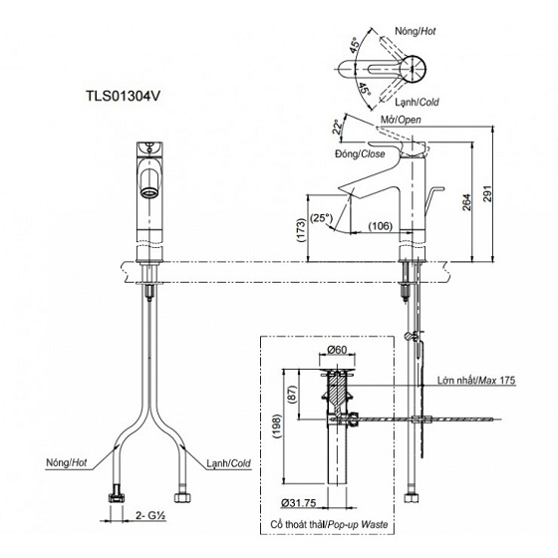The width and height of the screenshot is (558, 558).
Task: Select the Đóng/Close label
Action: click(361, 155)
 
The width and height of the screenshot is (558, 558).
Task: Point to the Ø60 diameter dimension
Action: click(338, 351)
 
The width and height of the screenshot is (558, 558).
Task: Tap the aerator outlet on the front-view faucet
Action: click(147, 180)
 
